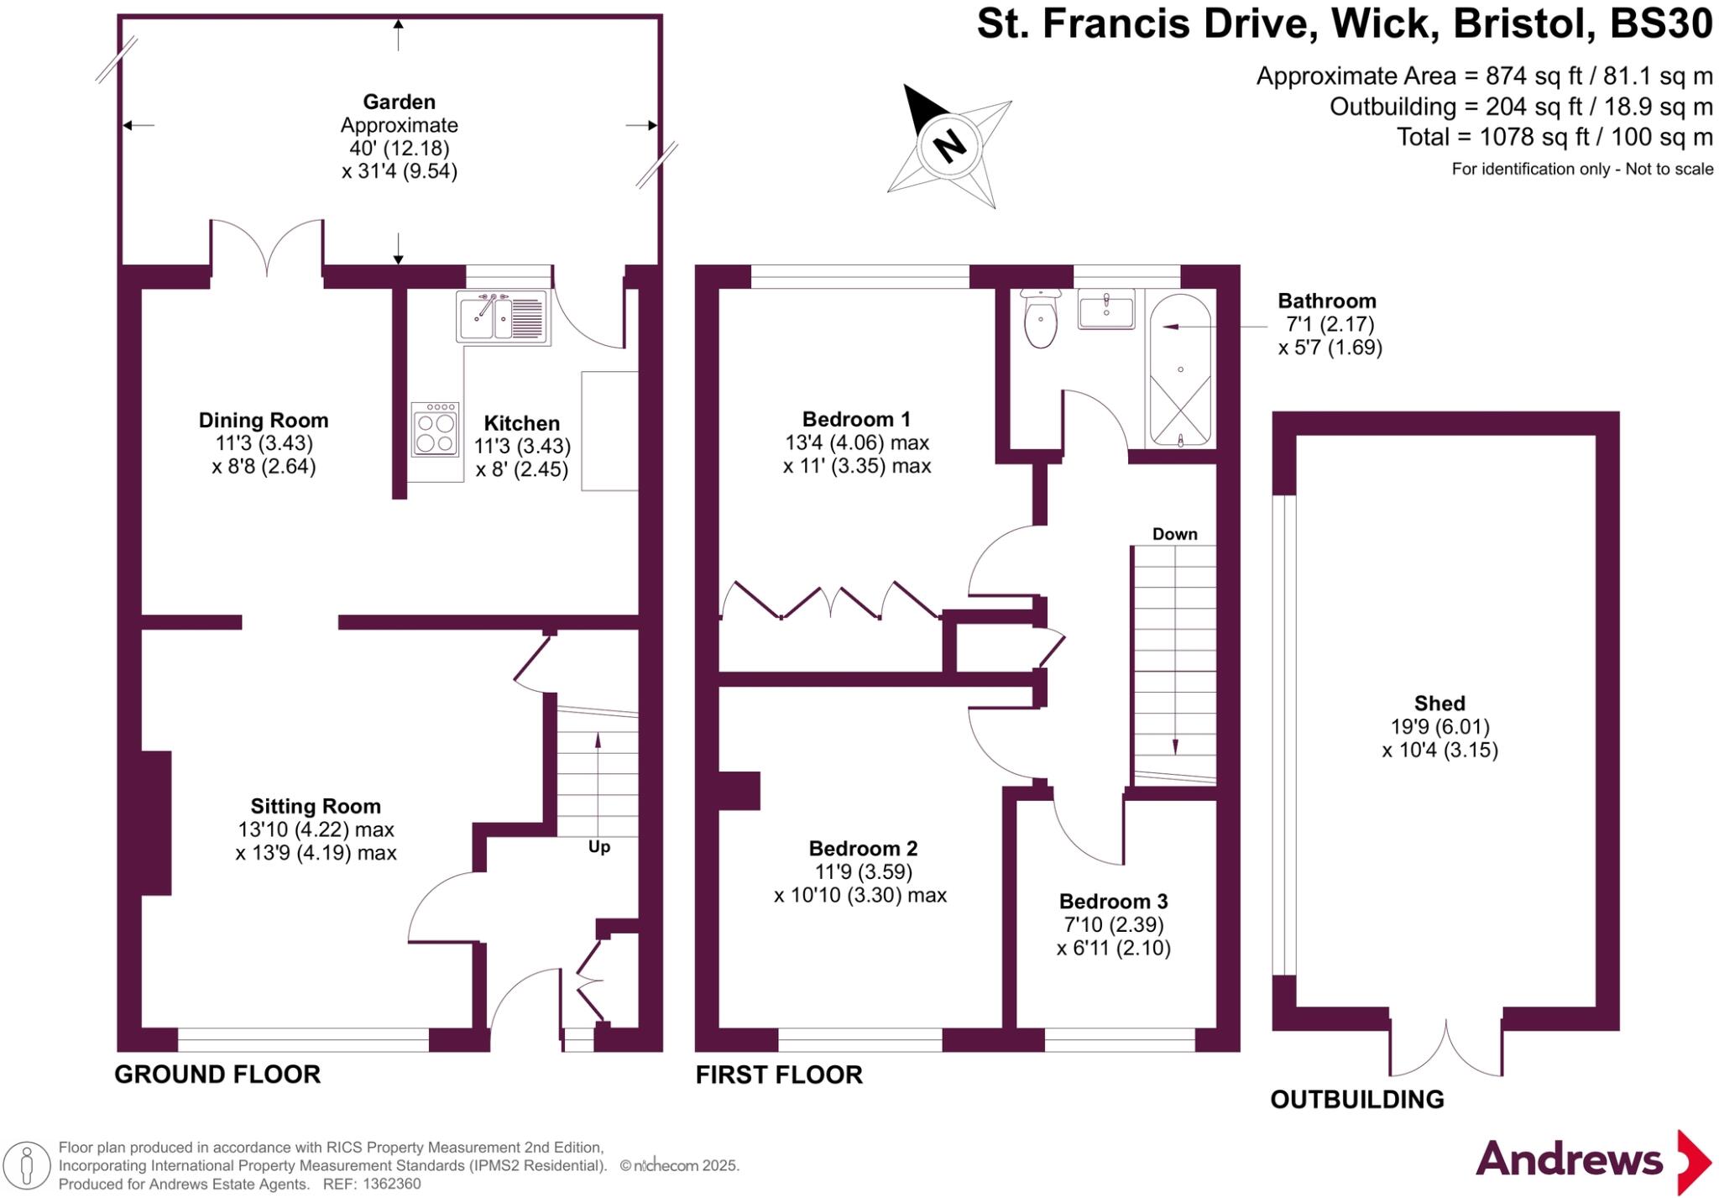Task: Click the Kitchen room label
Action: [x=521, y=423]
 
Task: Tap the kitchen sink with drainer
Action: [x=502, y=316]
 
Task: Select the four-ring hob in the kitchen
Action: [x=435, y=430]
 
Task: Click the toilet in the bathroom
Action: [x=1041, y=321]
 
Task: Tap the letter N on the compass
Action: [x=950, y=146]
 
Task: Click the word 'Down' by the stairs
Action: [x=1174, y=534]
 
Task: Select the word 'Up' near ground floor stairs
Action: [x=598, y=846]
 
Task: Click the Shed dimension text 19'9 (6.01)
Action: [x=1439, y=727]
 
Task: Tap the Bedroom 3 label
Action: [x=1113, y=902]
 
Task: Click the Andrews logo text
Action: [x=1568, y=1160]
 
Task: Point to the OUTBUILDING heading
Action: [x=1356, y=1099]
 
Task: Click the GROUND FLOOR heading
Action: [x=217, y=1075]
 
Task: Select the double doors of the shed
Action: [x=1445, y=1049]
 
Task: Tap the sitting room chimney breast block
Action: [x=156, y=823]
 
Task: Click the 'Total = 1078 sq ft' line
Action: [x=1554, y=137]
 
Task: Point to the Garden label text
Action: [x=399, y=102]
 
